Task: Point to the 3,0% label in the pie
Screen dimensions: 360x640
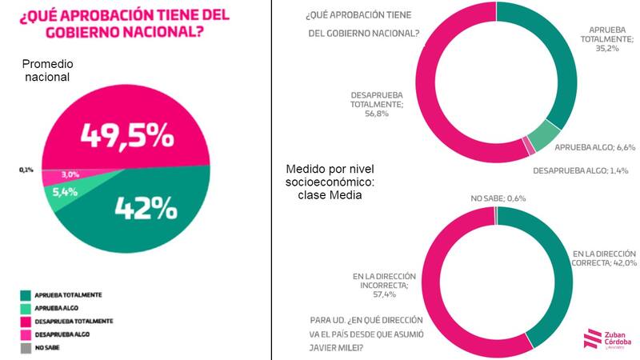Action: pyautogui.click(x=72, y=174)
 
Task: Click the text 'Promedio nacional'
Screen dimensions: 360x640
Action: pyautogui.click(x=49, y=70)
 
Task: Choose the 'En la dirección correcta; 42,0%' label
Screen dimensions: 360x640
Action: pyautogui.click(x=604, y=258)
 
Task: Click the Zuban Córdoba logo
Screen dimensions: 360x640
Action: pyautogui.click(x=609, y=339)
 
